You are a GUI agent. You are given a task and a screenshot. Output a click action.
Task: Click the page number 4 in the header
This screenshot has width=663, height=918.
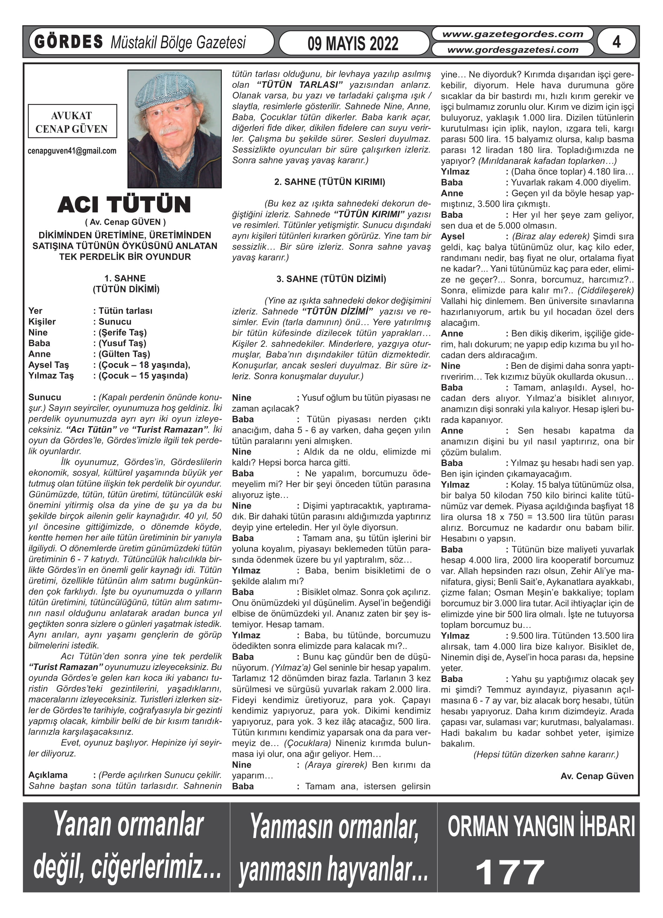[x=616, y=42]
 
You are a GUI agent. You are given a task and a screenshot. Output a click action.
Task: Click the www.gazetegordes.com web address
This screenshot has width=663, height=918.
[x=512, y=34]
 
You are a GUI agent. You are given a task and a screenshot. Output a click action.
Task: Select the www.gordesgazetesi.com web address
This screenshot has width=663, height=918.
[x=512, y=50]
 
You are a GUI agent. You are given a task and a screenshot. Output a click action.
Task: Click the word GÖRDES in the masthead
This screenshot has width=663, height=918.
[x=69, y=42]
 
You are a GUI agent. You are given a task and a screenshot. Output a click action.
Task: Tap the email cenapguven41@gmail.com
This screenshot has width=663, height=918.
[x=72, y=151]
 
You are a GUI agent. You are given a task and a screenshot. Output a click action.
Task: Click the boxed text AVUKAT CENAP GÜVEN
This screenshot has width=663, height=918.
[x=72, y=122]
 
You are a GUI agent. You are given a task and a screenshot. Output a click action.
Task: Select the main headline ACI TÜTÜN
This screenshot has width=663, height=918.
[x=124, y=205]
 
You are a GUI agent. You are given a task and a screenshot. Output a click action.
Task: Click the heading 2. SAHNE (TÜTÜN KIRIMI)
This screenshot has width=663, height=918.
[x=330, y=182]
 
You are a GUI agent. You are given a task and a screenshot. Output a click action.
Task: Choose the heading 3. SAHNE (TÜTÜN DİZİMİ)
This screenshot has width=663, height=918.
[x=331, y=279]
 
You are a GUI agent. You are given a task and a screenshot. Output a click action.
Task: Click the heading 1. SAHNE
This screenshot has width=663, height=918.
[x=125, y=278]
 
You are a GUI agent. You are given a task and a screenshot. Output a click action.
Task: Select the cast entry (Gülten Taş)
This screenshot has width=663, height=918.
[x=124, y=354]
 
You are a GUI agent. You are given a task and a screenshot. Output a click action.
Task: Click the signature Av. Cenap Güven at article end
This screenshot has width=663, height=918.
[x=597, y=776]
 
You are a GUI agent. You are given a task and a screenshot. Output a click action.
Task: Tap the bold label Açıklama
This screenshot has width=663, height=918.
[x=48, y=775]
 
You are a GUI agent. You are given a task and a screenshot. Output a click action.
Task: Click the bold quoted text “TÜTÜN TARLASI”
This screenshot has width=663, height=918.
[x=299, y=85]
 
